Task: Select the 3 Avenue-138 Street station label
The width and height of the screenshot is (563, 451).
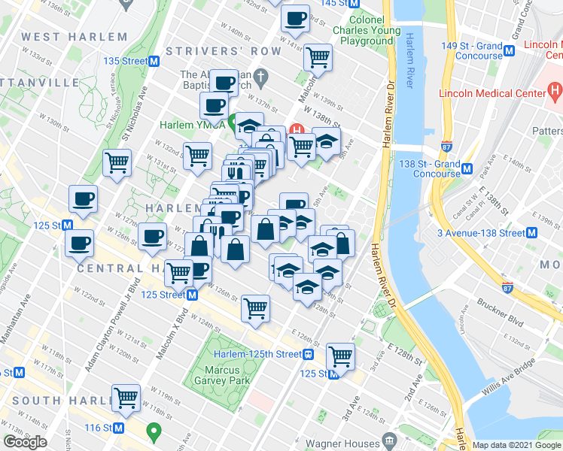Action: [481, 233]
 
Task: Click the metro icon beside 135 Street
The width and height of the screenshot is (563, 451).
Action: [154, 61]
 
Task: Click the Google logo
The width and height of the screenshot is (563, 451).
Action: [25, 441]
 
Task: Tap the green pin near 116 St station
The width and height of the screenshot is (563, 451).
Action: [154, 432]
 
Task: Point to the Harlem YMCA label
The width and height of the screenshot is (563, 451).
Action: [191, 124]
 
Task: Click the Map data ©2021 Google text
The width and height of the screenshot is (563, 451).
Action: [516, 445]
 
